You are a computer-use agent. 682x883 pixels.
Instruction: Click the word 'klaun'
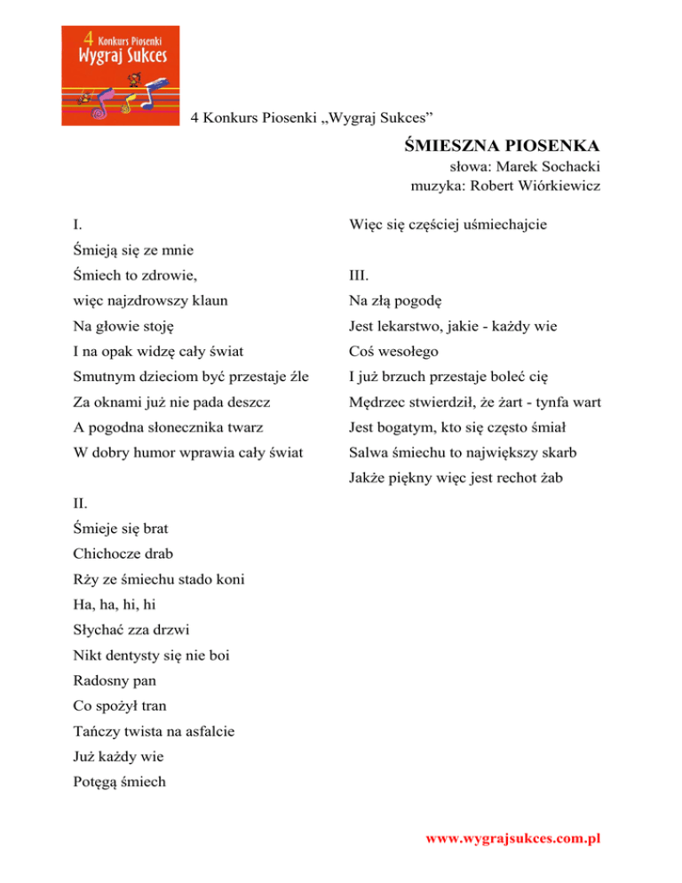coord(209,300)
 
